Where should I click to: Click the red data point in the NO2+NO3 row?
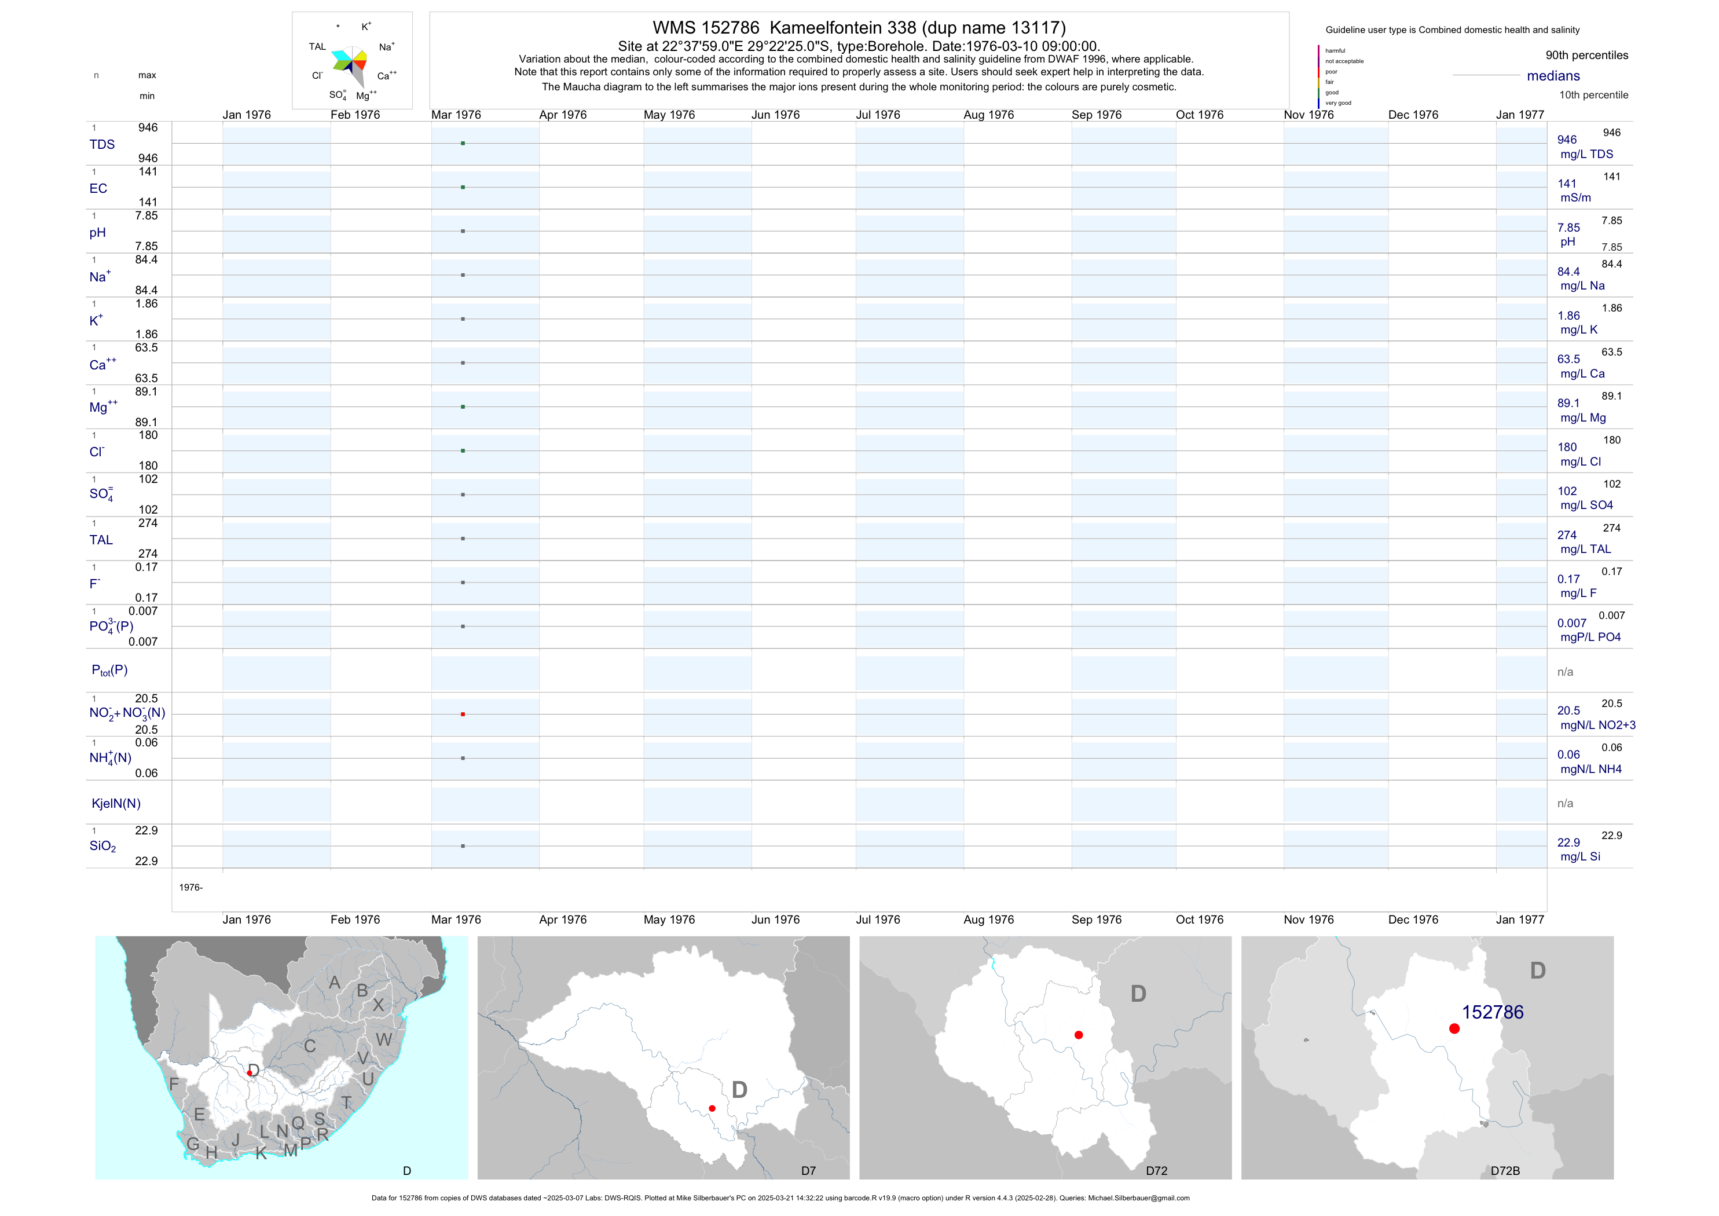pos(463,715)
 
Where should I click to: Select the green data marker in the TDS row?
pos(463,143)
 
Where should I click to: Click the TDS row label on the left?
pos(102,145)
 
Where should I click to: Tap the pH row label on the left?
pos(97,233)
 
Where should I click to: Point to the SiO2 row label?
pos(102,846)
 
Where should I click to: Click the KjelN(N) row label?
pos(115,804)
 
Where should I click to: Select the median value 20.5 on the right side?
pos(1568,710)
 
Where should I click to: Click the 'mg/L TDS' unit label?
pos(1586,154)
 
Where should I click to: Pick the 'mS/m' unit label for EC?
pos(1575,197)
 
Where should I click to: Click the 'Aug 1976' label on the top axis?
pos(988,115)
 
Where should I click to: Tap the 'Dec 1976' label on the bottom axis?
pos(1413,920)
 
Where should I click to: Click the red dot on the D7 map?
pos(712,1108)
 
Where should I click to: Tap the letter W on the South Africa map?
pos(384,1039)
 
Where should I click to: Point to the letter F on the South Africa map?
pos(174,1083)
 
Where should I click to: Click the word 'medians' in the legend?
pos(1553,76)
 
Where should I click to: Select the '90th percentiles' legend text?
pos(1586,56)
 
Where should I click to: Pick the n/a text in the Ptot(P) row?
pos(1565,672)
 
